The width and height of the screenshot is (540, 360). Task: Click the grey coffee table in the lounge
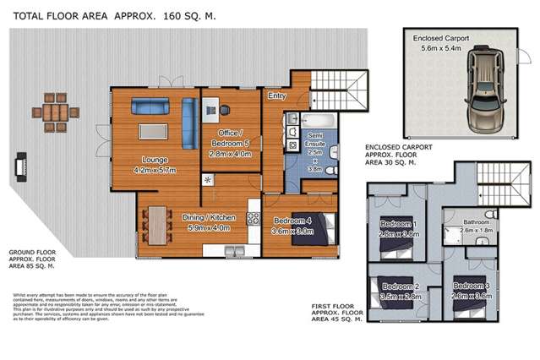[x=153, y=131]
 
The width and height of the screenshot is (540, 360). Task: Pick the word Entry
[x=276, y=96]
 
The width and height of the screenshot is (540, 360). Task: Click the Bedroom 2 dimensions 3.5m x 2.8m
[x=397, y=297]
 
